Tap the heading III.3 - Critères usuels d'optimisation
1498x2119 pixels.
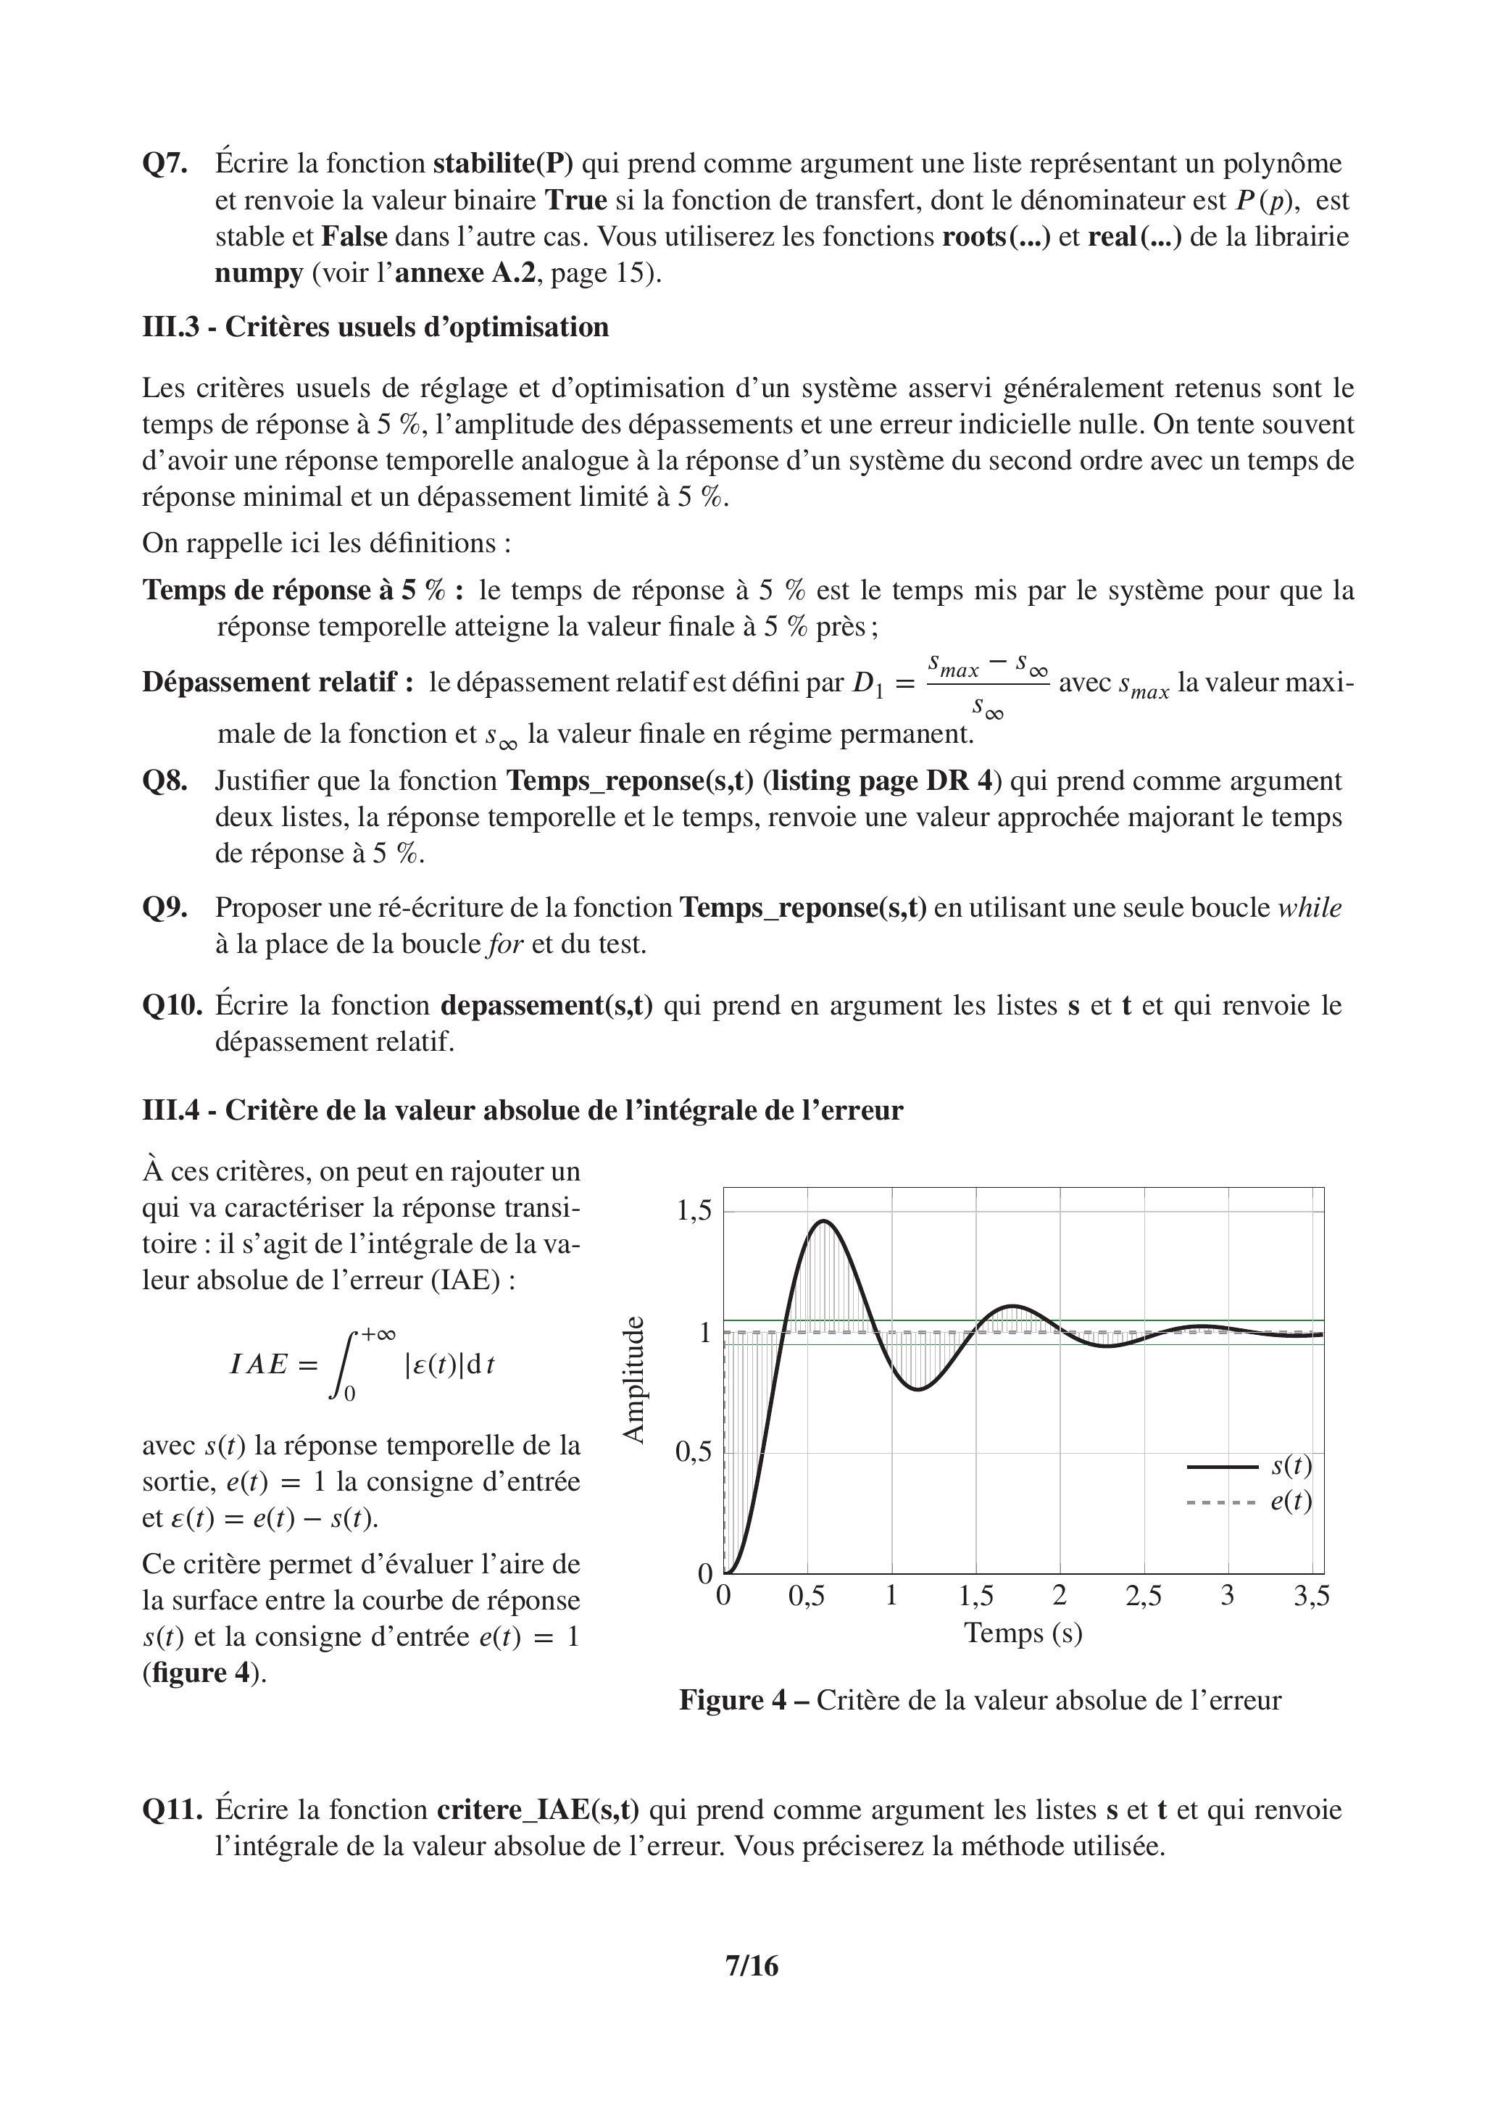(375, 328)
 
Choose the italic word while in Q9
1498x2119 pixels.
(1310, 908)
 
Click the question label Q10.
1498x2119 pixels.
(172, 1005)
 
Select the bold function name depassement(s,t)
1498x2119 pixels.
(546, 1005)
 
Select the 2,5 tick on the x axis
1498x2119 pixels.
(1144, 1596)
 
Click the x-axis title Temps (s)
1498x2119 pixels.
(1023, 1633)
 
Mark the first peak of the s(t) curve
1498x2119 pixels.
(824, 1221)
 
